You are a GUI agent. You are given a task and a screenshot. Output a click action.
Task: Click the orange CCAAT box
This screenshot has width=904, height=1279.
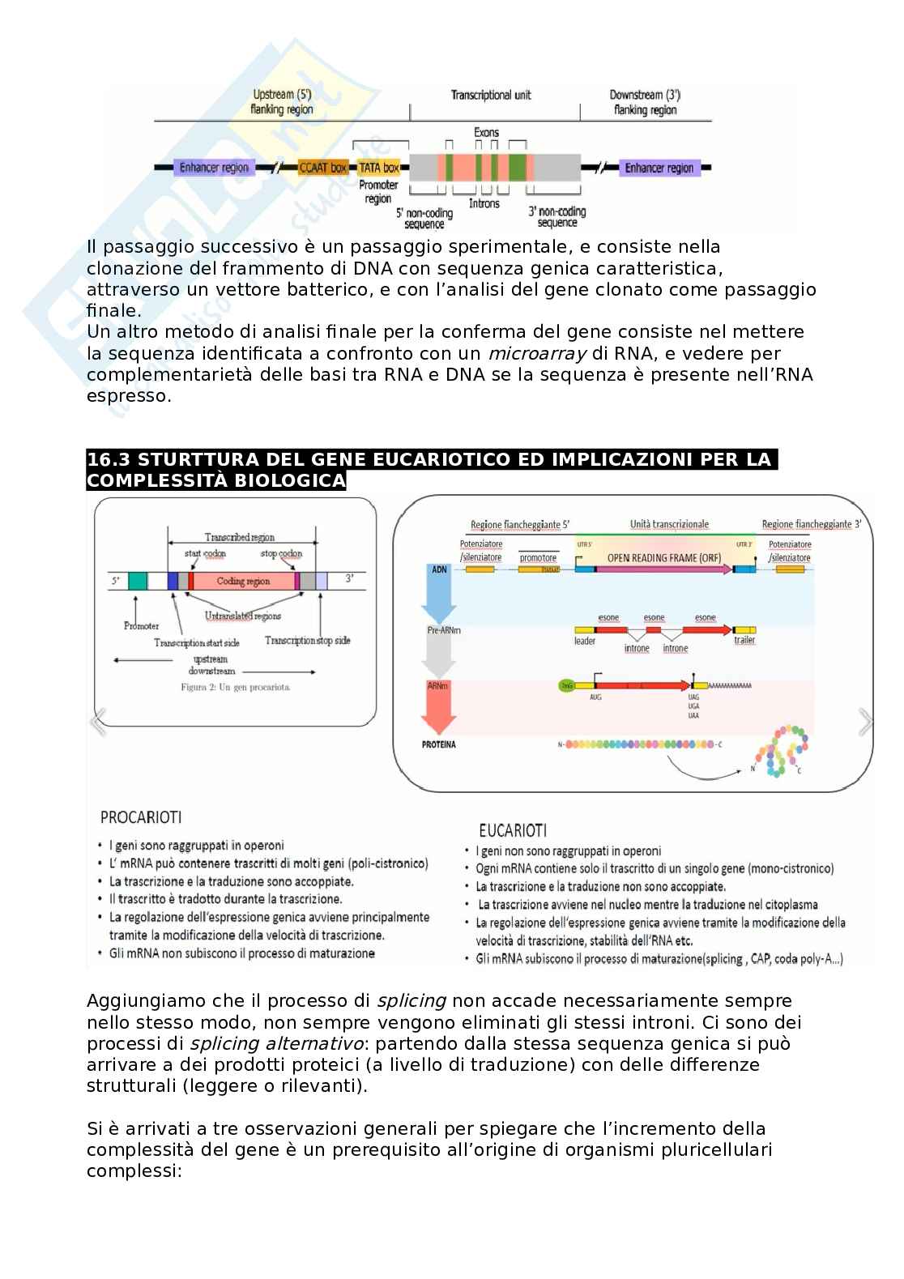click(323, 168)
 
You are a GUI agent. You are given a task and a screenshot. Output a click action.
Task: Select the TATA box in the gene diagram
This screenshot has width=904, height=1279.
click(379, 168)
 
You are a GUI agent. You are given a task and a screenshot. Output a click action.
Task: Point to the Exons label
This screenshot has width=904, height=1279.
click(486, 132)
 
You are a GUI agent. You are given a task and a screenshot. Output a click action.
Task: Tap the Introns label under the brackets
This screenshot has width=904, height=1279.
click(484, 203)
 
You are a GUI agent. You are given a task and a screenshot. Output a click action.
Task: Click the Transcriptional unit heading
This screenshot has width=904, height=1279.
click(491, 95)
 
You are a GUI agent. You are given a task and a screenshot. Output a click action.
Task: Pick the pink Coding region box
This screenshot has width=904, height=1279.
click(243, 581)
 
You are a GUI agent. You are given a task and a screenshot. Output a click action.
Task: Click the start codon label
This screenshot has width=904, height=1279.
click(205, 554)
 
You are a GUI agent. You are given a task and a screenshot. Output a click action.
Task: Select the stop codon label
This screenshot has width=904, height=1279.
click(281, 554)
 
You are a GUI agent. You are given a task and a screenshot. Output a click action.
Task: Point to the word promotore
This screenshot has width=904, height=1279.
click(538, 558)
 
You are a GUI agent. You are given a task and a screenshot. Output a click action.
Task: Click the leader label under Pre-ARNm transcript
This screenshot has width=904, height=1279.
click(584, 641)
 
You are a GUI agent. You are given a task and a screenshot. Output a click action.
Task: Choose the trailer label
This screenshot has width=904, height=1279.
click(744, 641)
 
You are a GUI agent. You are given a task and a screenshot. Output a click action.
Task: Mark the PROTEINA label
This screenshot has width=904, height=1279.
click(438, 744)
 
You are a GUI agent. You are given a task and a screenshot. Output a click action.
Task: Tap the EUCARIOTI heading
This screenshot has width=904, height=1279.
click(513, 830)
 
